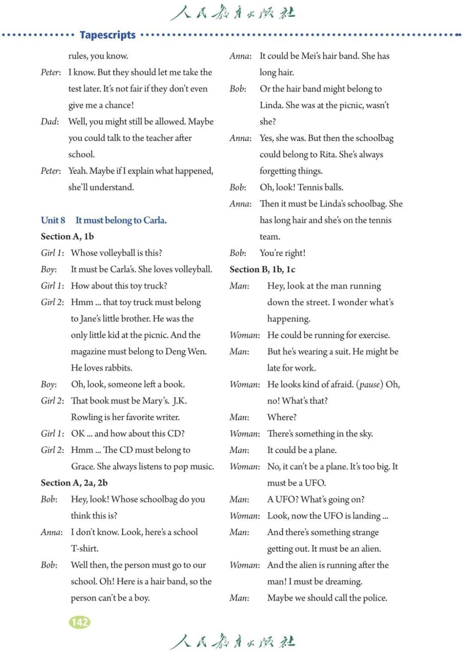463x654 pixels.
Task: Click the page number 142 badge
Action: coord(80,622)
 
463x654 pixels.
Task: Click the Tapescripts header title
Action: coord(108,35)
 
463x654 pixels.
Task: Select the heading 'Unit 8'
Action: coord(53,220)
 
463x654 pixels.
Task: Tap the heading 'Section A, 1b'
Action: coord(67,237)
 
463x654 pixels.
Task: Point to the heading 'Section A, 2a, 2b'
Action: coord(74,483)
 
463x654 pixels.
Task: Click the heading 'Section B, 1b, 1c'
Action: coord(262,270)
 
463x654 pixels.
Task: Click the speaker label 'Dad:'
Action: coord(50,122)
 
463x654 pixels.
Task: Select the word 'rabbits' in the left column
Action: coord(117,368)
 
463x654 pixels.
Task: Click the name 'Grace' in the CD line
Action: coord(82,466)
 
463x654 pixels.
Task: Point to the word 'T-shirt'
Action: coord(84,549)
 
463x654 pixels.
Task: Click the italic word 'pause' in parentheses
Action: coord(370,384)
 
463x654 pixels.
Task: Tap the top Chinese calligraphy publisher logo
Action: coord(232,13)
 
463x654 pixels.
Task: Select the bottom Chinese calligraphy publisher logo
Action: coord(232,642)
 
